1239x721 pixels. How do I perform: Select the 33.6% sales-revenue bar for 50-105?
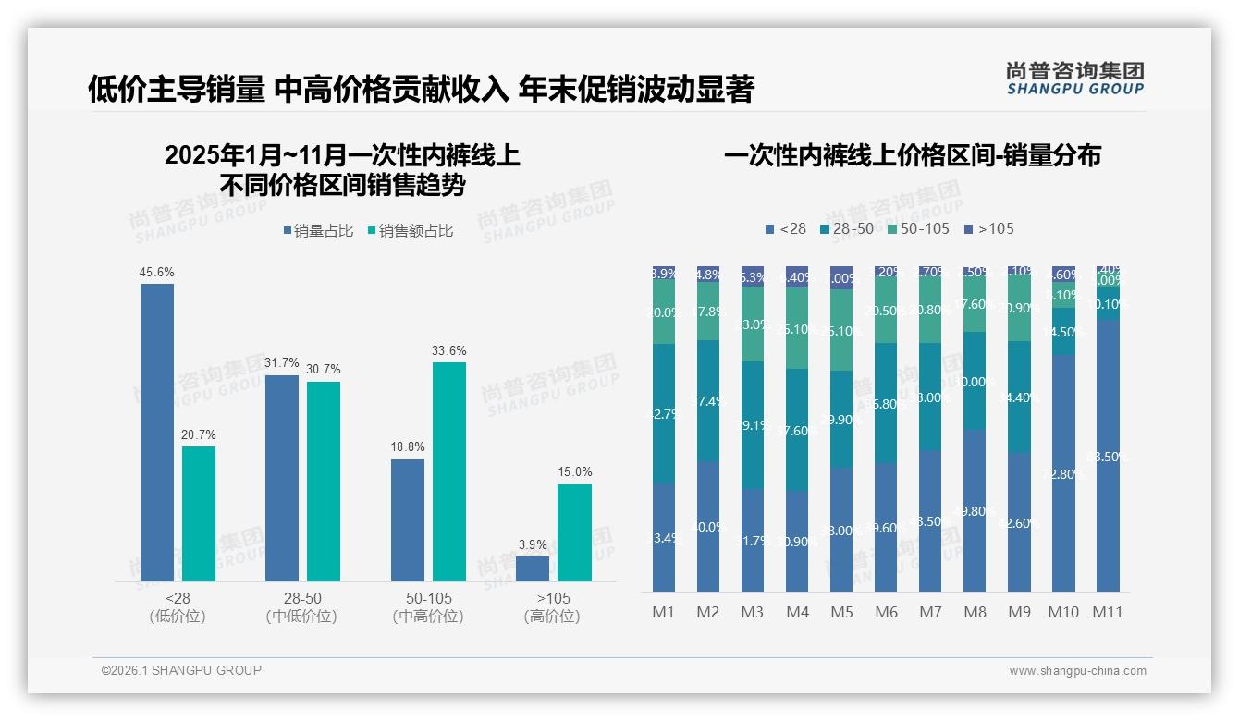coord(449,471)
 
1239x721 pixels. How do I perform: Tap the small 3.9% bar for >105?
coord(533,568)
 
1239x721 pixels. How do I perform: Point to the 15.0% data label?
coord(574,472)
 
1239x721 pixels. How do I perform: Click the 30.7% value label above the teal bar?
coord(324,370)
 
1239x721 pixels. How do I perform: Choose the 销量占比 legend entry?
coord(318,231)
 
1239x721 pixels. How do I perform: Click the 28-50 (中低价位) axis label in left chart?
coord(301,607)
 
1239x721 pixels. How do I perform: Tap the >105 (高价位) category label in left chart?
coord(552,607)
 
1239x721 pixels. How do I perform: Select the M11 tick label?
coord(1107,612)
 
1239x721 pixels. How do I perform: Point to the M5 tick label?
coord(841,612)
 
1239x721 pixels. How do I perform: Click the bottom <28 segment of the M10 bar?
coord(1063,473)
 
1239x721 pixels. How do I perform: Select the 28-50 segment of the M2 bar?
coord(708,400)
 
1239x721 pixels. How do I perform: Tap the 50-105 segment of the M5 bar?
coord(841,330)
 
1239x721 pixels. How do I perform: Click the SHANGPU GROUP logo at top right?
coord(1074,78)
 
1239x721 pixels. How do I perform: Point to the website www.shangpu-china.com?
coord(1077,671)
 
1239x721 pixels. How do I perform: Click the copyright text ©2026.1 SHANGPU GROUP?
coord(181,670)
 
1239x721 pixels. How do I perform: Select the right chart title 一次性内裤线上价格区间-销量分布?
coord(912,155)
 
